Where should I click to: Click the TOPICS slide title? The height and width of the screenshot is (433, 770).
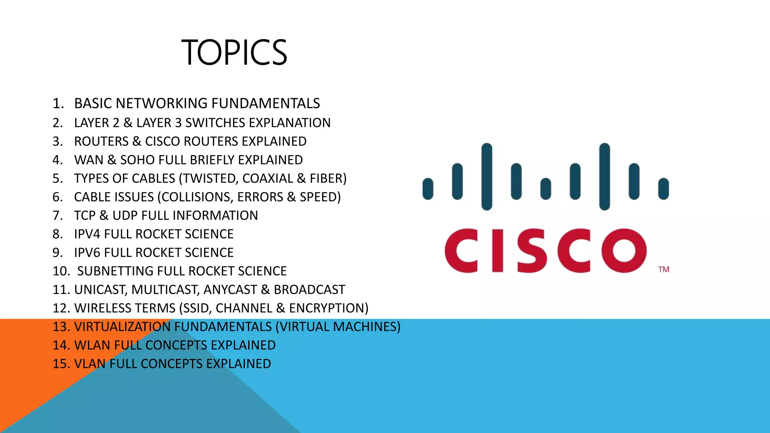click(234, 53)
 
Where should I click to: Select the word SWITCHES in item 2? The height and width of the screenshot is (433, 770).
click(215, 123)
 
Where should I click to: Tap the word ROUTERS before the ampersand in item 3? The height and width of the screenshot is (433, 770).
click(101, 141)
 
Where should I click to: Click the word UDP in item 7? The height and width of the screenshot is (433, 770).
click(125, 216)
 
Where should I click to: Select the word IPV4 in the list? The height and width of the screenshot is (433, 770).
click(87, 234)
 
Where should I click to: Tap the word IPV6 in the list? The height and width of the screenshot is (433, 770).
click(87, 253)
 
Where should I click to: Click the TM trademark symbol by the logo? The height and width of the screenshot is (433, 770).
click(664, 269)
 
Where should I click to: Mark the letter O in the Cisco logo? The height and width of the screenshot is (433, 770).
click(623, 250)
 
